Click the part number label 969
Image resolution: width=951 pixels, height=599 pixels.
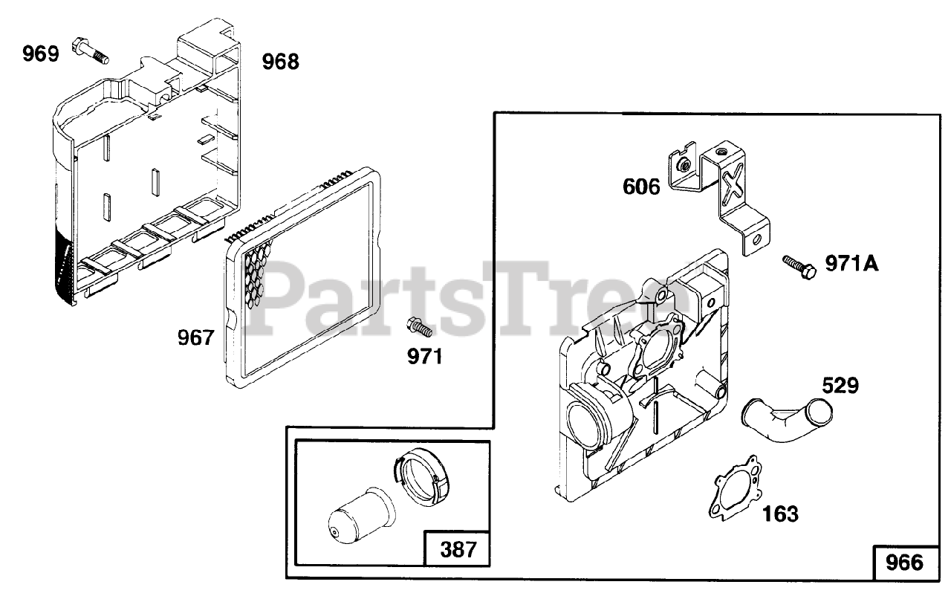pyautogui.click(x=40, y=54)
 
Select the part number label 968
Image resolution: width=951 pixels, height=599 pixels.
pyautogui.click(x=281, y=62)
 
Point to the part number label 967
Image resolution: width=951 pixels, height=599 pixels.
pyautogui.click(x=195, y=338)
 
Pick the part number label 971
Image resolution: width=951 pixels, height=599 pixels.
pyautogui.click(x=423, y=357)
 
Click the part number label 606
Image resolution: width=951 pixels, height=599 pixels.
pyautogui.click(x=641, y=187)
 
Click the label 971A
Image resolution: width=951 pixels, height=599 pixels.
pyautogui.click(x=851, y=263)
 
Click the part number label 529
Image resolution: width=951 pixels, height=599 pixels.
pyautogui.click(x=840, y=385)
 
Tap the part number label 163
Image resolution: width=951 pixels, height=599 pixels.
pyautogui.click(x=780, y=513)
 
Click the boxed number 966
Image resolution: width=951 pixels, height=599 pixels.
pyautogui.click(x=903, y=563)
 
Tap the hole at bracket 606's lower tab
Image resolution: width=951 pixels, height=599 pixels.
pyautogui.click(x=756, y=239)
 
